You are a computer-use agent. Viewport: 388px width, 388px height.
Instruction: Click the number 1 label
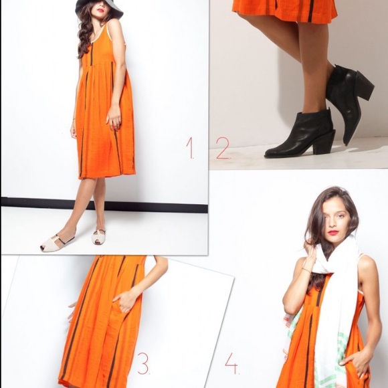click(x=191, y=147)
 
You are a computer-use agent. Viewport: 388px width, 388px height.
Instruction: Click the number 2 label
click(x=223, y=148)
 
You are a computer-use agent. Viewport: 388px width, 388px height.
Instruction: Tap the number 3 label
click(x=144, y=363)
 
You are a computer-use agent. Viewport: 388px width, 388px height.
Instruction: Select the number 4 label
click(x=232, y=363)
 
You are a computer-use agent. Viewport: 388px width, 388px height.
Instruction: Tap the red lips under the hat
click(x=101, y=11)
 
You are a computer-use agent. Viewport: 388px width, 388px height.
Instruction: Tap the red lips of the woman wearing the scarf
click(x=333, y=233)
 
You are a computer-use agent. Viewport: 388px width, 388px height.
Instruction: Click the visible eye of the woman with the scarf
click(x=341, y=216)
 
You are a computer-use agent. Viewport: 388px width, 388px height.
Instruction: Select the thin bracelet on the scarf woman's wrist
click(x=306, y=270)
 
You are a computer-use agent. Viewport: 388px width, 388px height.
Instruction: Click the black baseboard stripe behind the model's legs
click(x=104, y=205)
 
